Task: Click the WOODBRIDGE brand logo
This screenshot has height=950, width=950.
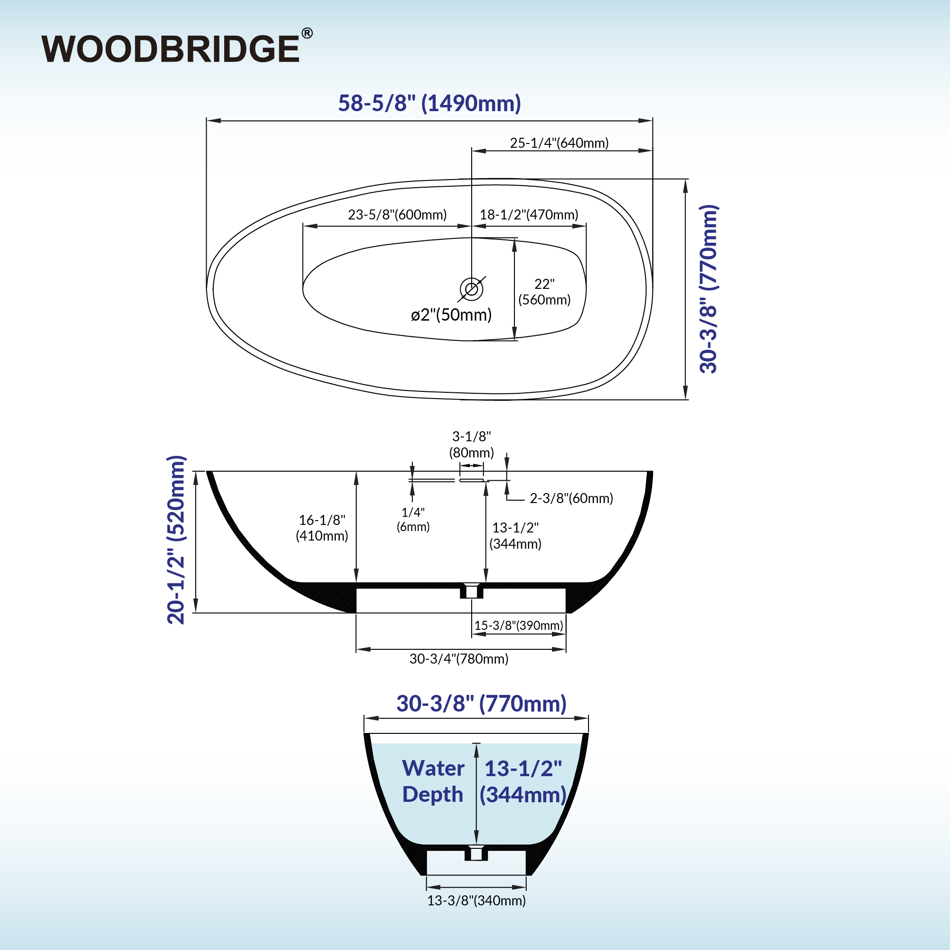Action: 171,49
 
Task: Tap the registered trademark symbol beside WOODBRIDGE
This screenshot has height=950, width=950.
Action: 306,33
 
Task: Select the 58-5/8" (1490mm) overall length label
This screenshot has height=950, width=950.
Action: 429,103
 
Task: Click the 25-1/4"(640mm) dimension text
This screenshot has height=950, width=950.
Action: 559,143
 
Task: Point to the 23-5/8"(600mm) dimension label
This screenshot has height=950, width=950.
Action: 397,215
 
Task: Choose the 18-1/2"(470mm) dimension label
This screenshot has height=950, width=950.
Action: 529,215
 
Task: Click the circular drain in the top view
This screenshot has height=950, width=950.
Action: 471,289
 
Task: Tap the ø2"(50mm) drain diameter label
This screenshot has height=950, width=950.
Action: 451,315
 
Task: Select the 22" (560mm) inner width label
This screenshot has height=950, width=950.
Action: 544,292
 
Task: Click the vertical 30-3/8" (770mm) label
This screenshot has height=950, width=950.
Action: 709,289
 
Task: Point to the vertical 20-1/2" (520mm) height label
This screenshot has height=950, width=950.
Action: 176,540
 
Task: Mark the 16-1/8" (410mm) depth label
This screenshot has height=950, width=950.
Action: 322,528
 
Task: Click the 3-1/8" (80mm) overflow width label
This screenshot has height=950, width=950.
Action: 472,445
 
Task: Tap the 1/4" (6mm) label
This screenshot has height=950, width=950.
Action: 413,519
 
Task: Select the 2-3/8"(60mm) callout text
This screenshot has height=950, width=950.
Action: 571,499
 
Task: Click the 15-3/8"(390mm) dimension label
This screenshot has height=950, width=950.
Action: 519,626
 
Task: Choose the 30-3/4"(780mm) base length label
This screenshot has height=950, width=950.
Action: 459,659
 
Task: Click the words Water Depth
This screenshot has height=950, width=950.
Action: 433,781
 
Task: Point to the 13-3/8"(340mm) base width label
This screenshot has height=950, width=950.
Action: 476,901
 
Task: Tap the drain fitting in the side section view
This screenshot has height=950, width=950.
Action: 472,590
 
